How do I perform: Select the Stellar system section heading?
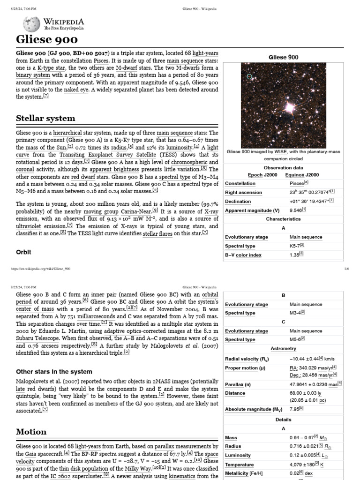45,118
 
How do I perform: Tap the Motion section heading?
31,431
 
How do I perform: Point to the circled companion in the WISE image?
249,76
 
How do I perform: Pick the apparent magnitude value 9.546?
298,210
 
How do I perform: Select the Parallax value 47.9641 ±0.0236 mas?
315,384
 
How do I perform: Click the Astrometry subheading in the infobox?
283,349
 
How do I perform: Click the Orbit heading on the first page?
24,252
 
